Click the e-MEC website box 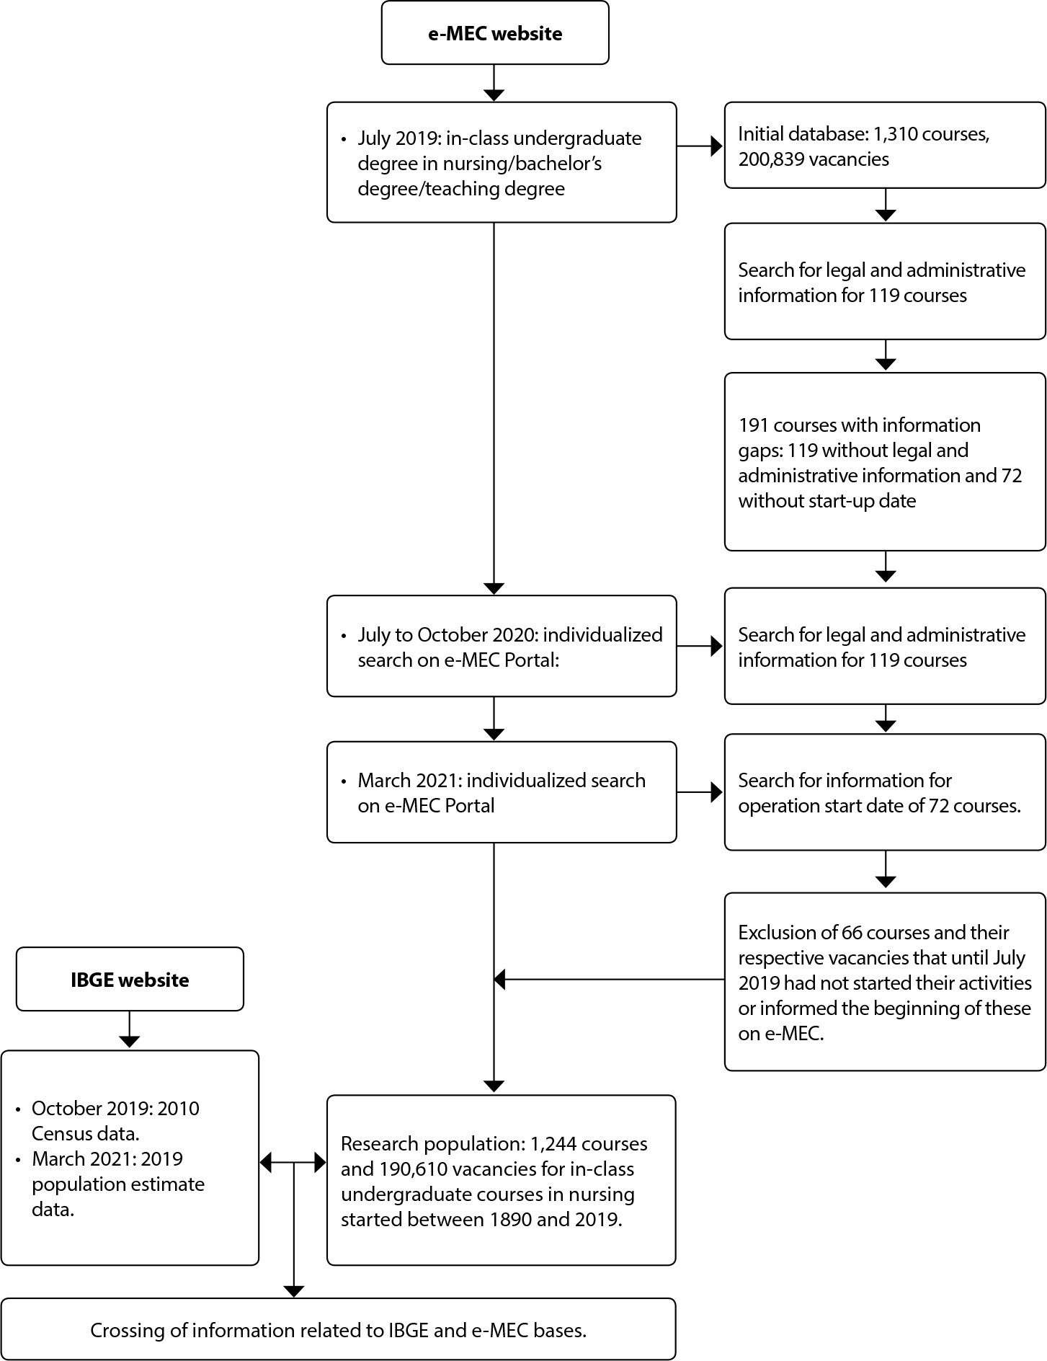495,32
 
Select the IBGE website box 130,979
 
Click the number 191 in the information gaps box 753,425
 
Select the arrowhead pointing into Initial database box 717,146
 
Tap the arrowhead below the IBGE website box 129,1042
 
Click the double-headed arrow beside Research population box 293,1162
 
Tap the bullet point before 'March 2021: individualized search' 344,781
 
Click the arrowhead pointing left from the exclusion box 499,980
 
